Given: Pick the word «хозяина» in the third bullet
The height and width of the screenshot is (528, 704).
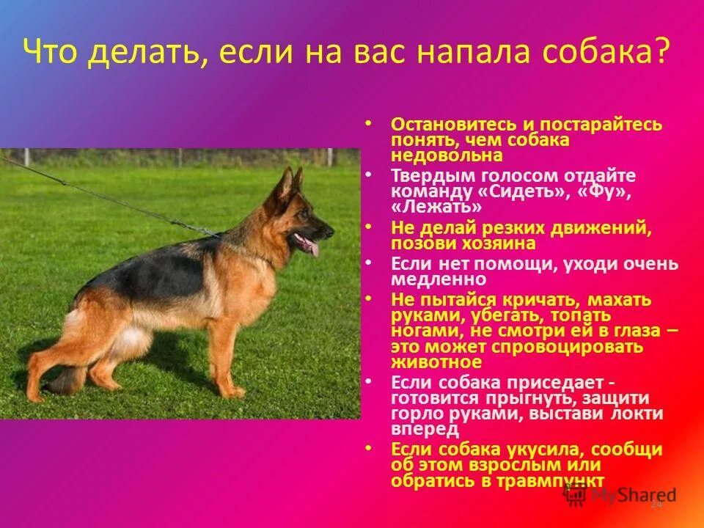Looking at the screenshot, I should tap(510, 243).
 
